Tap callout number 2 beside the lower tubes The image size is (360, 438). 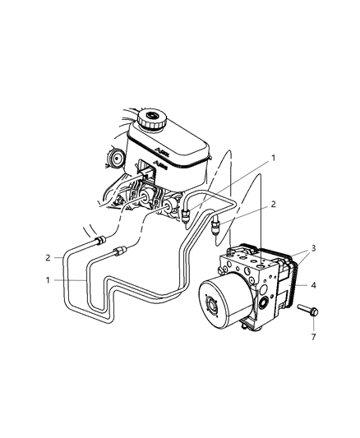(x=48, y=257)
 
